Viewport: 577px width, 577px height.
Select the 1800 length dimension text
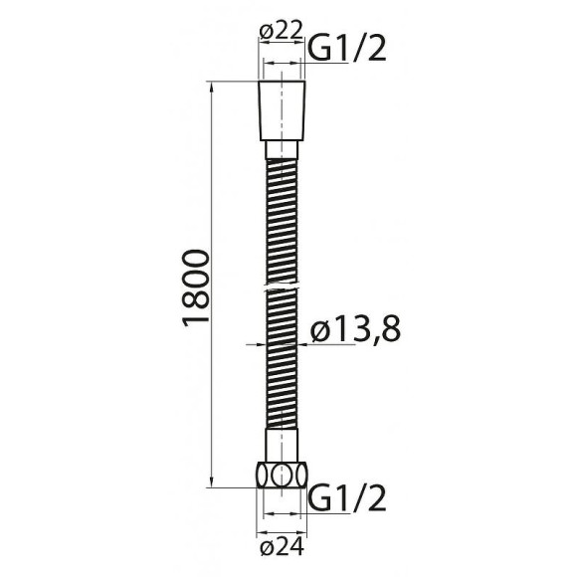197,287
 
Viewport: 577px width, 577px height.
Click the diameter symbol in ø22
266,32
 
